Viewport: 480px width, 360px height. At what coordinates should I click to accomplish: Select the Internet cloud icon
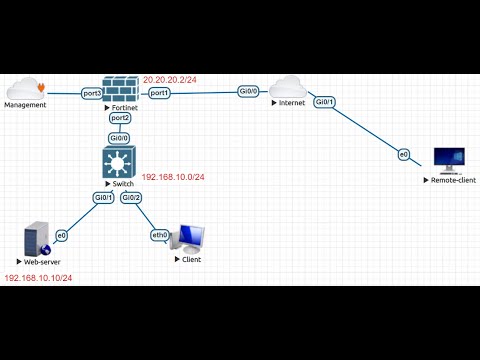pyautogui.click(x=288, y=88)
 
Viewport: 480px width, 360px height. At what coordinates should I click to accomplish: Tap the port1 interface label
pyautogui.click(x=159, y=93)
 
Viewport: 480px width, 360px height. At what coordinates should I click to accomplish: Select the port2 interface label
pyautogui.click(x=121, y=117)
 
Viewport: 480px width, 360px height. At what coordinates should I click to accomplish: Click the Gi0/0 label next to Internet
pyautogui.click(x=249, y=91)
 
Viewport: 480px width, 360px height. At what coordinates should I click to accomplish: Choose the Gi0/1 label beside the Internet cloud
pyautogui.click(x=325, y=102)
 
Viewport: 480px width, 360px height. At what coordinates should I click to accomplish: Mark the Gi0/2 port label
pyautogui.click(x=131, y=198)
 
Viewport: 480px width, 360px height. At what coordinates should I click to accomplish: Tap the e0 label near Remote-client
pyautogui.click(x=404, y=154)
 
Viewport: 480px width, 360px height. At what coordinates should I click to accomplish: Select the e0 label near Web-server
pyautogui.click(x=61, y=235)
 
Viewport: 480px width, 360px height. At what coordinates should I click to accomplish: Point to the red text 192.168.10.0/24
pyautogui.click(x=173, y=177)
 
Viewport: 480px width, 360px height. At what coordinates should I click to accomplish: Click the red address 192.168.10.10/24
pyautogui.click(x=38, y=278)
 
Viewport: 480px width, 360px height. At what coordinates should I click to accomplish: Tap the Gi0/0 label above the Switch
pyautogui.click(x=120, y=138)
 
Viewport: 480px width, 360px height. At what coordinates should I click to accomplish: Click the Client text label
pyautogui.click(x=190, y=259)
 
